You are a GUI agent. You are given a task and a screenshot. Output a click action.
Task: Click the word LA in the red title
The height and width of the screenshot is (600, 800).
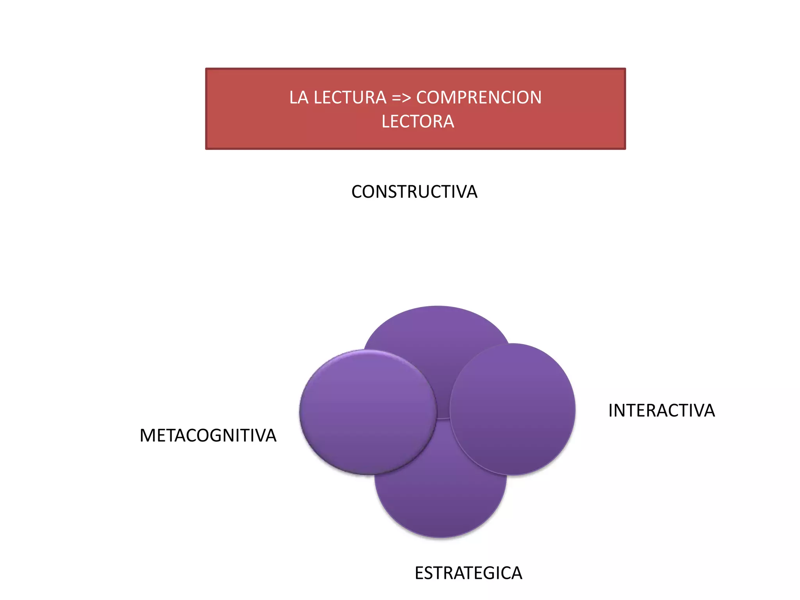pos(299,98)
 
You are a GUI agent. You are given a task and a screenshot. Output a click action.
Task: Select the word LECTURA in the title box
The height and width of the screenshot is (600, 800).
pos(350,98)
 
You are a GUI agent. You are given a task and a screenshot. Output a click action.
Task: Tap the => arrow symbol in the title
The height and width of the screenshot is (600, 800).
pos(402,98)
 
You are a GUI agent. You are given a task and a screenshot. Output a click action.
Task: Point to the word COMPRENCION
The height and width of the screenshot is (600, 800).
pos(479,98)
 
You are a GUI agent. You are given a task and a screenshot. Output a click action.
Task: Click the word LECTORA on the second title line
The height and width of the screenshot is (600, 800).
pos(418,122)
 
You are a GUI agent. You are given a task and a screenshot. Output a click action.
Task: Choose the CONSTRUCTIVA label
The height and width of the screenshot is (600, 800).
pos(414,192)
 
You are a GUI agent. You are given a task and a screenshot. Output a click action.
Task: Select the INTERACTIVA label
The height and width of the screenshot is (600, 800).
pos(661,411)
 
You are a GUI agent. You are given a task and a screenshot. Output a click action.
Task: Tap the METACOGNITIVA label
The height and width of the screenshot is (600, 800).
pos(208,436)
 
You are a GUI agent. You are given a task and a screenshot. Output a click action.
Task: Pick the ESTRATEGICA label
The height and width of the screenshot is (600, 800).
pos(468,573)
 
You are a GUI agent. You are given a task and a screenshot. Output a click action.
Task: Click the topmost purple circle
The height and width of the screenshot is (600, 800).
pos(437,332)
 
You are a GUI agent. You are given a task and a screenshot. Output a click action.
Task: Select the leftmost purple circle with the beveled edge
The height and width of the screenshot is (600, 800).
pos(367,412)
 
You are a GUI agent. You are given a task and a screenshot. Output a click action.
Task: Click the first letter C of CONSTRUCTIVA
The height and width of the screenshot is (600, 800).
pos(357,192)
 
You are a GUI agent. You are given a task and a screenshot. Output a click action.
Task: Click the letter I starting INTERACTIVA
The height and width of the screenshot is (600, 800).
pos(611,411)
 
